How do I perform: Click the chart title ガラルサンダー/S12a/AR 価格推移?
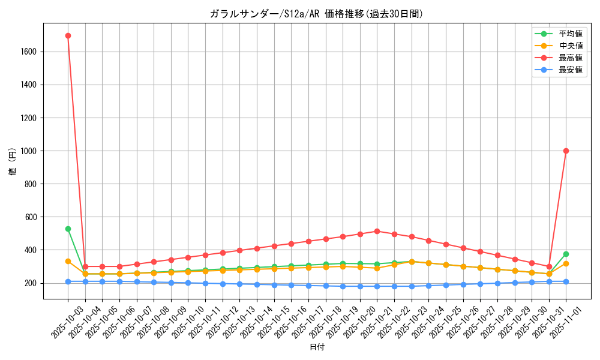316,14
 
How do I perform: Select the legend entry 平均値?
570,34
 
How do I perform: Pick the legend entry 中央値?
570,46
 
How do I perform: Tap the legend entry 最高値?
570,58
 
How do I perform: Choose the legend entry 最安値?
570,70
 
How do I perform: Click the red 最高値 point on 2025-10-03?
68,35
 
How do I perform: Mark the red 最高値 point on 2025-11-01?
566,151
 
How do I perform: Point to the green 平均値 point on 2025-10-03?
68,229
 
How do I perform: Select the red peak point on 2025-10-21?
377,231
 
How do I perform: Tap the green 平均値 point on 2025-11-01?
566,254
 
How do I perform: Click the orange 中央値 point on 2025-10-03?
68,261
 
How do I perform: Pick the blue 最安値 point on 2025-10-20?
360,286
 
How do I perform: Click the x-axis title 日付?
316,347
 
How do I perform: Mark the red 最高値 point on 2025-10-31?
549,266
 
